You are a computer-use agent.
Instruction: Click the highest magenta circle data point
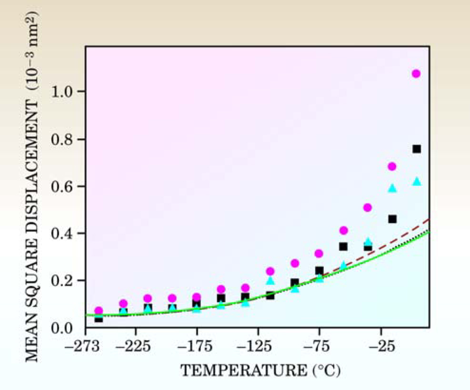tap(416, 74)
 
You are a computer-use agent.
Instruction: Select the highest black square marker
tap(417, 149)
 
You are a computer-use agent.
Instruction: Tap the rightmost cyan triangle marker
tap(417, 181)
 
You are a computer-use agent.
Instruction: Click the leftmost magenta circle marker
tap(99, 310)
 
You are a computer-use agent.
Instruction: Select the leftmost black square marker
tap(99, 318)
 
